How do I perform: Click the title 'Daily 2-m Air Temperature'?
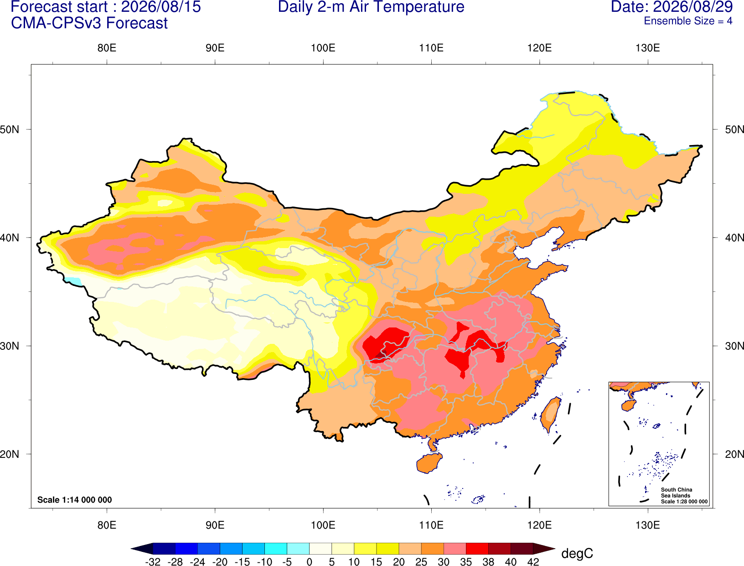(x=371, y=7)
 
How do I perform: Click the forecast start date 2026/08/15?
(x=161, y=7)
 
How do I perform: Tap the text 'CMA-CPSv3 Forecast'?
(x=89, y=23)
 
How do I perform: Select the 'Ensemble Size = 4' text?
(x=688, y=21)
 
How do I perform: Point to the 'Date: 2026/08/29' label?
(x=672, y=7)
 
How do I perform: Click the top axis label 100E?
(x=323, y=48)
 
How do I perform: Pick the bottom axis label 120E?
(x=539, y=525)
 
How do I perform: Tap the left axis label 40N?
(x=10, y=238)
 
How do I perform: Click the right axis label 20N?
(x=734, y=454)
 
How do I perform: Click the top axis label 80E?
(x=107, y=48)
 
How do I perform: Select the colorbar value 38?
(x=488, y=562)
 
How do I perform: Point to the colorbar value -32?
(x=153, y=562)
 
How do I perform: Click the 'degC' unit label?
(x=577, y=553)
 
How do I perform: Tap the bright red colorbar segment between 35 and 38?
(x=477, y=548)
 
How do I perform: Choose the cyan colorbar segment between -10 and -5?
(x=276, y=548)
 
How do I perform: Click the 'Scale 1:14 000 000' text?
(x=75, y=499)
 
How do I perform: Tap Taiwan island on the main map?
(x=550, y=415)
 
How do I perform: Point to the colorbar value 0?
(x=309, y=562)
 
